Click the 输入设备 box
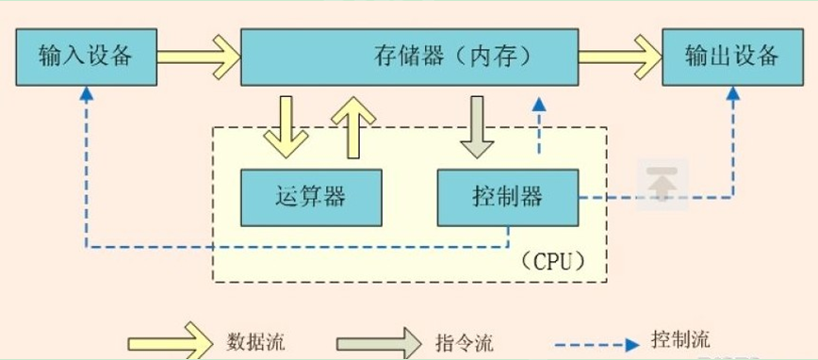[x=86, y=57]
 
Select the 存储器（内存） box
[x=409, y=57]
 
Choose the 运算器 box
[x=310, y=196]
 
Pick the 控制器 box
[x=506, y=196]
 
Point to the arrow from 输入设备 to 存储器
[x=198, y=57]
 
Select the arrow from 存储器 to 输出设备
[x=619, y=57]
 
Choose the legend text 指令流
[x=465, y=341]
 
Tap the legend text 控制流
[x=680, y=338]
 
